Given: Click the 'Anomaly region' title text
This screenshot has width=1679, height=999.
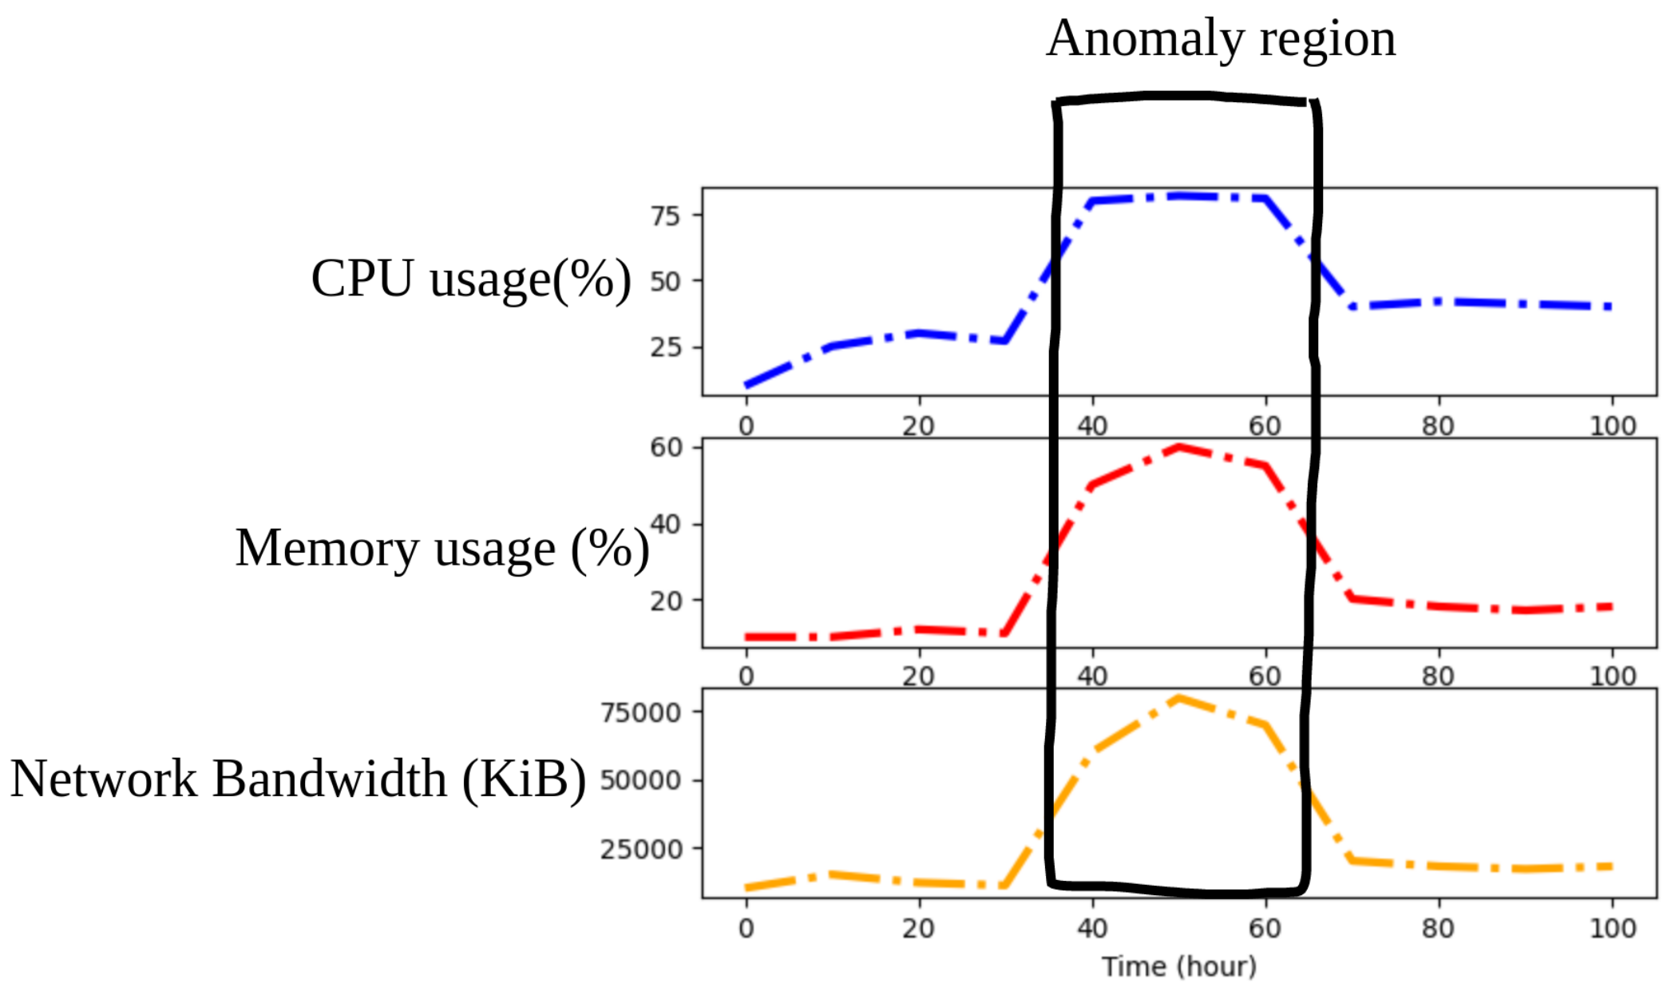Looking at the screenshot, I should [1221, 38].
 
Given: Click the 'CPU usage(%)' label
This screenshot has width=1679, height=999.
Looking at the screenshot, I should [470, 279].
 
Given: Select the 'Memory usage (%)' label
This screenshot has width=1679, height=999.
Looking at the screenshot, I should [442, 549].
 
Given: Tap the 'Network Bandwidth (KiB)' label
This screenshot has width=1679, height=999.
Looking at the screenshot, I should [298, 779].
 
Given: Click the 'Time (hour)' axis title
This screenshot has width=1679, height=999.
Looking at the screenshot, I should [1178, 967].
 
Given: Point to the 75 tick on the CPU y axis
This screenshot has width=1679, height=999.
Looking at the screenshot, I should [665, 216].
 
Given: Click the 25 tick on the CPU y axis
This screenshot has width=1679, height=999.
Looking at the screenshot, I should [665, 347].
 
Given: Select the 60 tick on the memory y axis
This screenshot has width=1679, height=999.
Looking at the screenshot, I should [666, 447].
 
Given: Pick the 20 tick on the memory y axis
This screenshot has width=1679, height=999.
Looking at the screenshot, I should [666, 601].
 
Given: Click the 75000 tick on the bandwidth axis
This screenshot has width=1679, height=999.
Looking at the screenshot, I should [640, 712].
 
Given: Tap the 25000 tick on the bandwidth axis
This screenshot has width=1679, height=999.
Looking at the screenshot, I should [640, 849].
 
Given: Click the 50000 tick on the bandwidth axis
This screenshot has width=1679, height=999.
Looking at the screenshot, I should [640, 780].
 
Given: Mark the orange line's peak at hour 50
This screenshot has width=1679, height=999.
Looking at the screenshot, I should [1178, 699].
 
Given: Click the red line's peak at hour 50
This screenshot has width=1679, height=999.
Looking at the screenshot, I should [1178, 448].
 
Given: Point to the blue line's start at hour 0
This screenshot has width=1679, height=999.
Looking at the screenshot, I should [746, 385].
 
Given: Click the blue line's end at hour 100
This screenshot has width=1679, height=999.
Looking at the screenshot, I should [1611, 307].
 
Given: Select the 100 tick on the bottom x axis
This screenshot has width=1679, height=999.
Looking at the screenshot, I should [1612, 929].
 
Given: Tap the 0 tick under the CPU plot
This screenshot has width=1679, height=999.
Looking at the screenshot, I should [746, 426].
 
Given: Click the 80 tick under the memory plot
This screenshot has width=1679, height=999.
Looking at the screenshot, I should [1438, 676].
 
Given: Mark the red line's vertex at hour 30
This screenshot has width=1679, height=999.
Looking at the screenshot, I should [1005, 634].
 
